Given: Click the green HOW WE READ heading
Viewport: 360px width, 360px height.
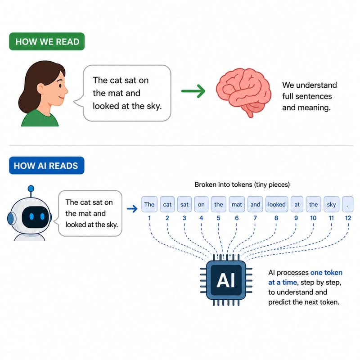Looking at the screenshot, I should [x=47, y=41].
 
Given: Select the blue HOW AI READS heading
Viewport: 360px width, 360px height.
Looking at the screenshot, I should [x=46, y=166].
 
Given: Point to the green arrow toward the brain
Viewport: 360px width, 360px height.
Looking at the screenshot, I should [x=193, y=91].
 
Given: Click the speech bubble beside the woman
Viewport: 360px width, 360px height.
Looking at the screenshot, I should [x=126, y=93].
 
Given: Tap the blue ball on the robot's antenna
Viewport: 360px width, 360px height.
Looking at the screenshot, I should [x=31, y=189].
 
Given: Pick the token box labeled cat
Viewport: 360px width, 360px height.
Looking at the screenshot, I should [x=167, y=204].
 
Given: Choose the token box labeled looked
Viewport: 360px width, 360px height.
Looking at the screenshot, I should [x=276, y=204].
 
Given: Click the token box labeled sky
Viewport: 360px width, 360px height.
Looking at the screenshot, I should [x=332, y=204].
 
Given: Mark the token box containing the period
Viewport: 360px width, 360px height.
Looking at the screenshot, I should [x=346, y=204].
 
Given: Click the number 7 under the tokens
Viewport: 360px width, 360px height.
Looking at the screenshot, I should [x=255, y=218].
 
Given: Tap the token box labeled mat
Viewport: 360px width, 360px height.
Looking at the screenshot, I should [x=237, y=204].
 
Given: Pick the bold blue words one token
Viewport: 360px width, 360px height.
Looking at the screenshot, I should [x=326, y=273].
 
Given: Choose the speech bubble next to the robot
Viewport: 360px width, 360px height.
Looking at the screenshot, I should [x=91, y=213].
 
